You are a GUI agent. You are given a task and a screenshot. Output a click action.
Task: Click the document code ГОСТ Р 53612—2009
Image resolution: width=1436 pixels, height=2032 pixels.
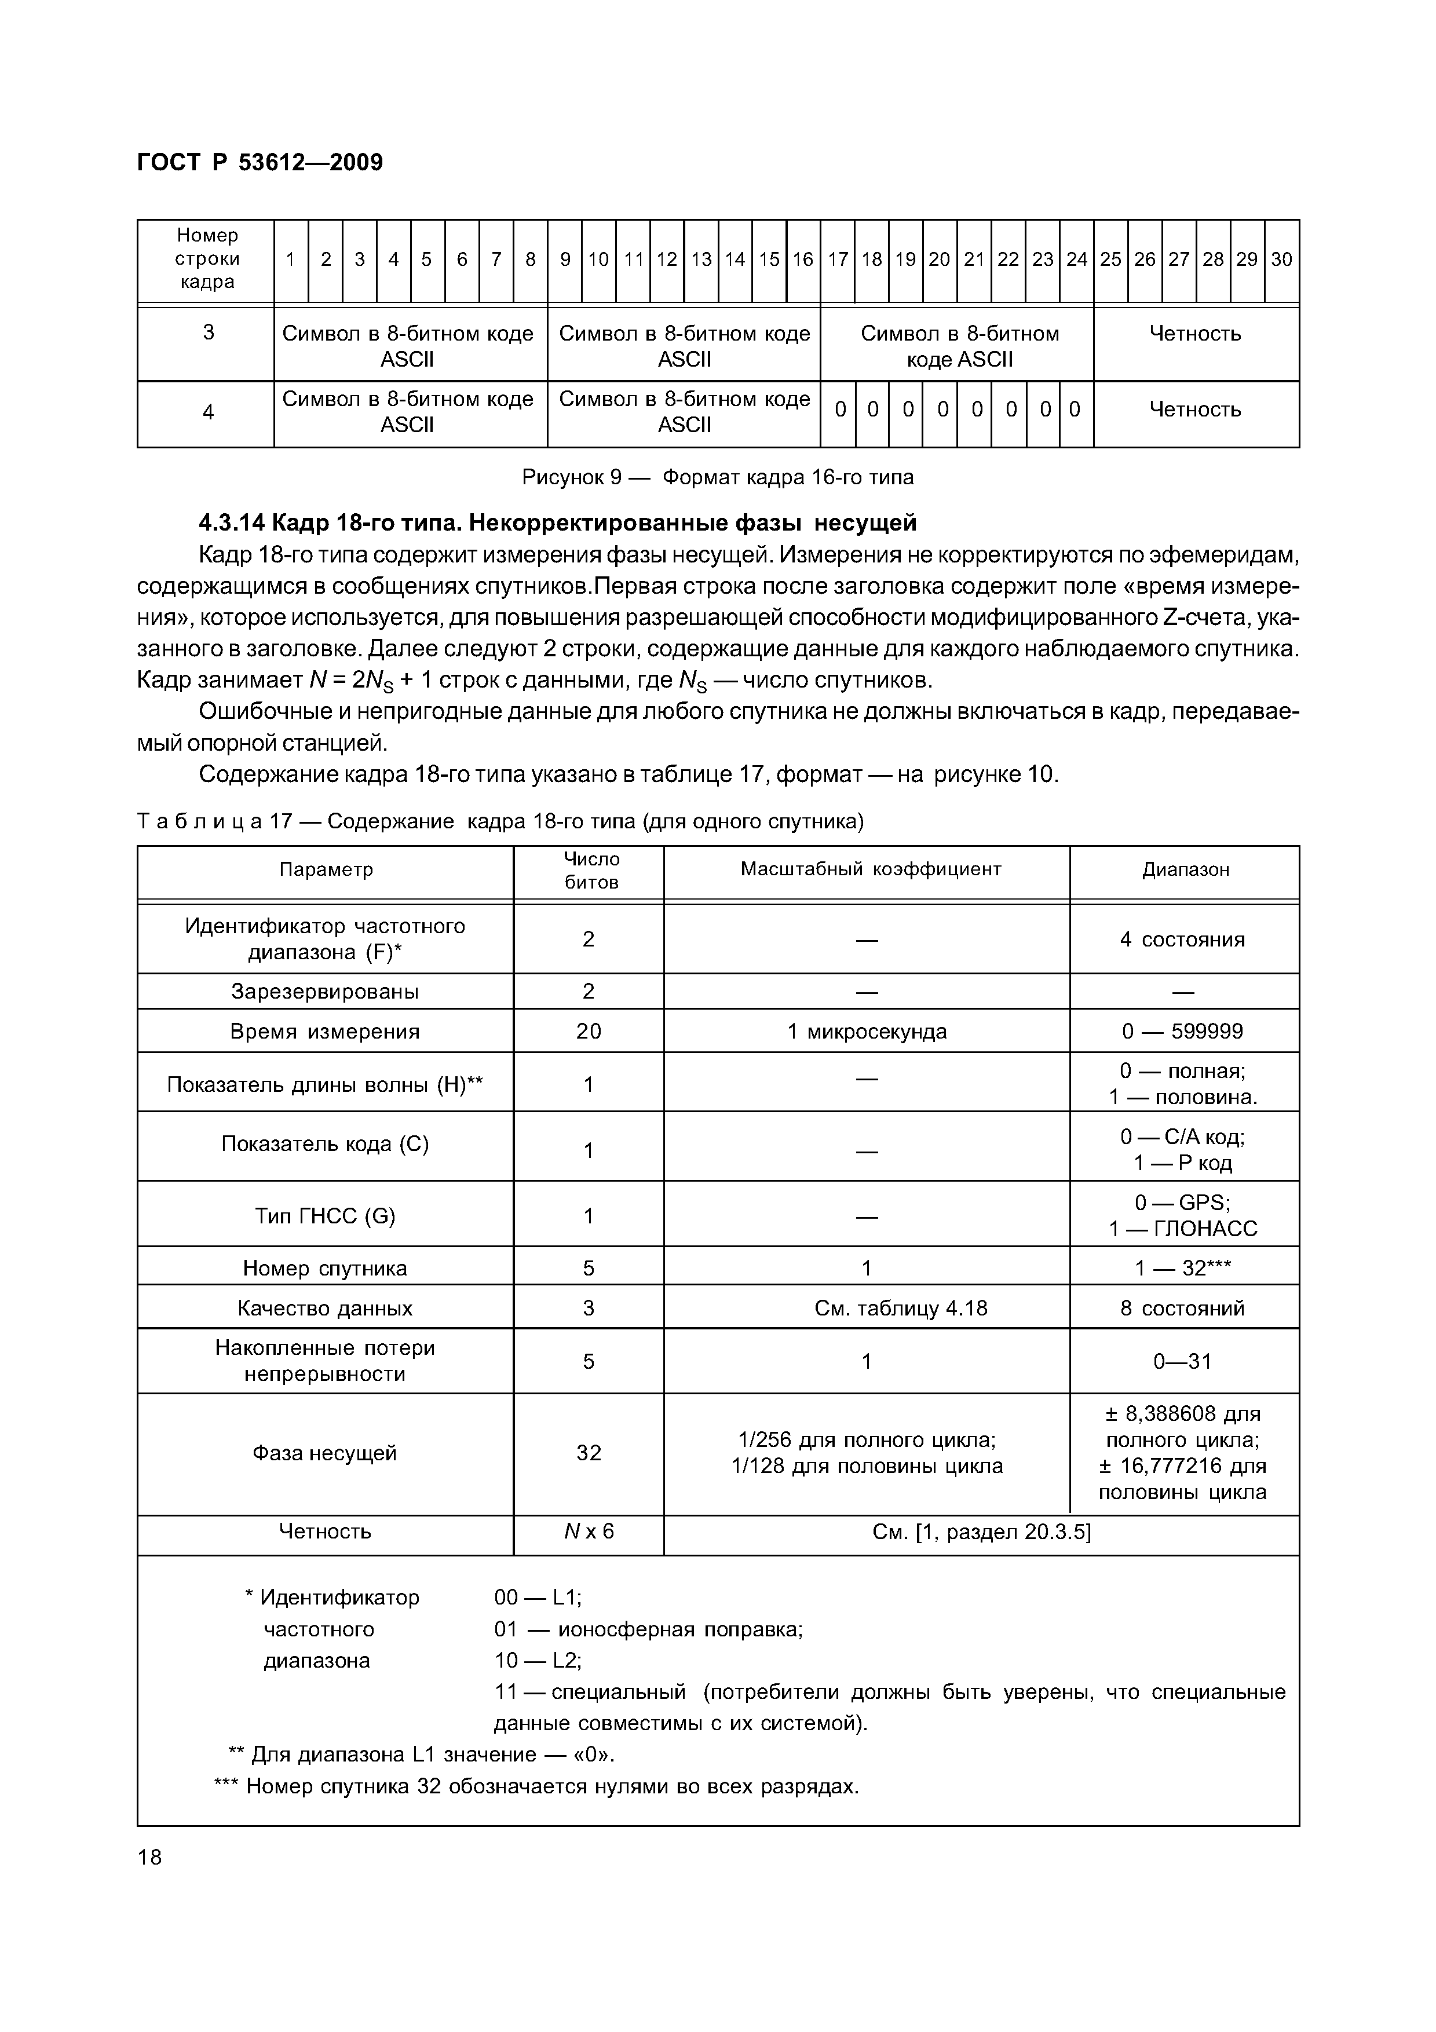point(260,163)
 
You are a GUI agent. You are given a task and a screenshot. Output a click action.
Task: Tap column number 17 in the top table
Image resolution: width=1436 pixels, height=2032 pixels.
point(837,260)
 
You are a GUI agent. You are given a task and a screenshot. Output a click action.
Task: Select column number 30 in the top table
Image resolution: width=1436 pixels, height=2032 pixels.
point(1281,260)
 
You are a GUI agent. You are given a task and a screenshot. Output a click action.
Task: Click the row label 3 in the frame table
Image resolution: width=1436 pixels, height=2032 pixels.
point(208,332)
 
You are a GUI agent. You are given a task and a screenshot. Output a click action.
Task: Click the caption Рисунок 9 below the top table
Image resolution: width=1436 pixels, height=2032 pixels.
point(717,478)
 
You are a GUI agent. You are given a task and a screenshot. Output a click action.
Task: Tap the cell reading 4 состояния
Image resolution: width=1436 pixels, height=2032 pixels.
point(1182,940)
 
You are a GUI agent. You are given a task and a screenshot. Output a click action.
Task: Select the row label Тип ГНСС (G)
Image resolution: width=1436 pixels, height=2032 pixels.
point(325,1216)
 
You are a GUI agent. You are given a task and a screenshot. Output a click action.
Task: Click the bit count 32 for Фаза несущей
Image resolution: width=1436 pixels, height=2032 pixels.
point(589,1453)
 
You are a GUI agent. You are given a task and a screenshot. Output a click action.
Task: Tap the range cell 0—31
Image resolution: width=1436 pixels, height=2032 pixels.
point(1182,1361)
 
